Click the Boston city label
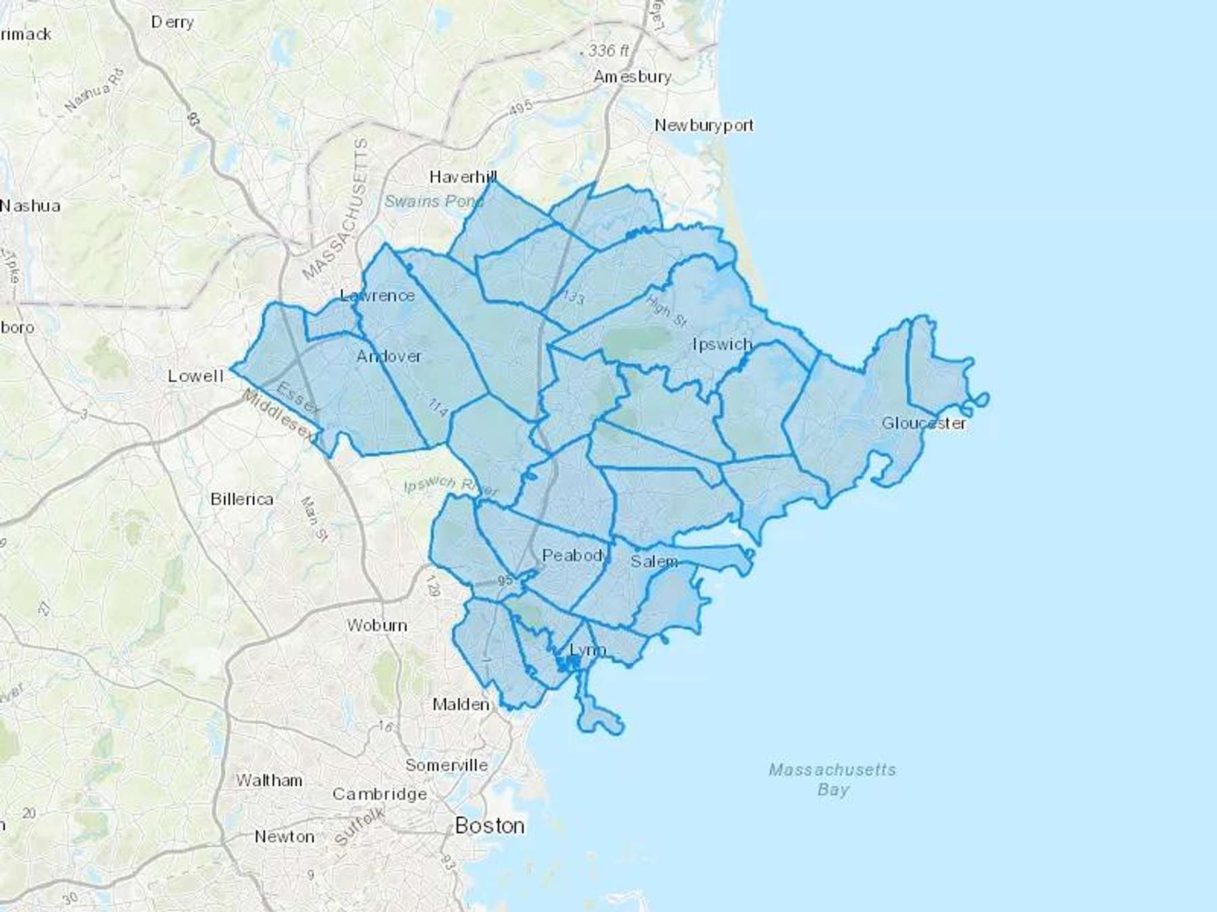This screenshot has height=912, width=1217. tap(490, 825)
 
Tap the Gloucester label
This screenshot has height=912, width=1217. tap(924, 423)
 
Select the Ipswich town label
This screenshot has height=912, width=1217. tap(722, 344)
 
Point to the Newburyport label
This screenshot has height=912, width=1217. tap(703, 125)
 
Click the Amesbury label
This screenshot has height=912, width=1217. tap(632, 76)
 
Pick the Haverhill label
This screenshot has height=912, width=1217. tap(463, 176)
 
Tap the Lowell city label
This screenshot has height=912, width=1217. tap(195, 376)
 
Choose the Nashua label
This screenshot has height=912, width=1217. tap(30, 205)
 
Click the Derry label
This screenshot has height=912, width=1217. tap(172, 22)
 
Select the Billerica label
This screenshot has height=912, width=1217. tap(241, 499)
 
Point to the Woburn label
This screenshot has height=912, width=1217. tap(377, 625)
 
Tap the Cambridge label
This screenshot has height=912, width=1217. tap(379, 794)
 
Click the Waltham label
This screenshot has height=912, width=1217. tap(269, 780)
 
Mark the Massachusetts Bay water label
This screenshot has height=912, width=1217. tap(832, 779)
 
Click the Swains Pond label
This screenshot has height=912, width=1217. tap(433, 201)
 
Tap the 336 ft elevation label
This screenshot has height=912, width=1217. tap(608, 51)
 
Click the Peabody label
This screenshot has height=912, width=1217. tap(575, 555)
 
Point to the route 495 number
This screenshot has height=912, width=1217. tap(521, 107)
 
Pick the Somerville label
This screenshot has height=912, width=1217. tap(446, 765)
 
